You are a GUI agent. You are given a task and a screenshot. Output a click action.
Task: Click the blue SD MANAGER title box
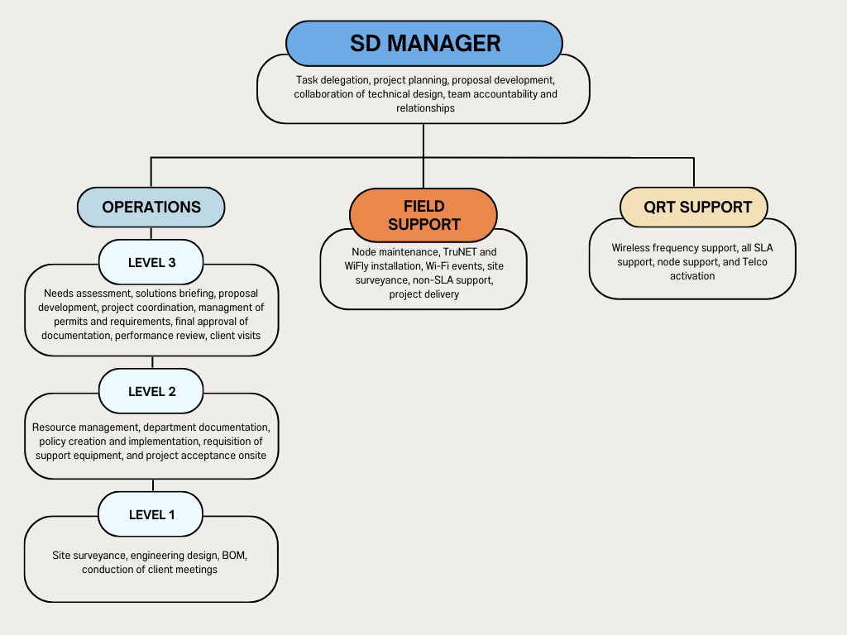click(x=424, y=43)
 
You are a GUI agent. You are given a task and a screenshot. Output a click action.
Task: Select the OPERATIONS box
click(x=151, y=207)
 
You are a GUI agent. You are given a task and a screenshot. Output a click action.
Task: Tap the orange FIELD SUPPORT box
click(x=423, y=215)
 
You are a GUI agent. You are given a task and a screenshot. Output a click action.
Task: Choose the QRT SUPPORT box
click(x=693, y=207)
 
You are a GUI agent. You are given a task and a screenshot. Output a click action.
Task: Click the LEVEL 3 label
click(x=151, y=263)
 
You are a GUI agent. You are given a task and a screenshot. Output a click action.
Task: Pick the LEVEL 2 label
click(x=151, y=391)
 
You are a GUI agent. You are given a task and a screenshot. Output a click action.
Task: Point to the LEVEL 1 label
click(x=151, y=514)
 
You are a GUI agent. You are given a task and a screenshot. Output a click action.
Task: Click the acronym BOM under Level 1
click(x=234, y=556)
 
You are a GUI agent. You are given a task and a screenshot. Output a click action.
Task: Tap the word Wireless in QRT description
click(x=630, y=247)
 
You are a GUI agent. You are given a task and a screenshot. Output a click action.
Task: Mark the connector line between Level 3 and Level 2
click(x=152, y=362)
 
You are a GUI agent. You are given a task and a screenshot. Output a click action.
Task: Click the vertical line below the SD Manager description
click(x=423, y=141)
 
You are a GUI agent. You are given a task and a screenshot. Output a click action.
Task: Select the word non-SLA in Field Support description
click(x=432, y=280)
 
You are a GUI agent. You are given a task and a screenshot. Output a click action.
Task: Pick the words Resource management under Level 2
click(x=85, y=427)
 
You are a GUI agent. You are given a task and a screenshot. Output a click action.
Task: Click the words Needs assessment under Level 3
click(x=85, y=294)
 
